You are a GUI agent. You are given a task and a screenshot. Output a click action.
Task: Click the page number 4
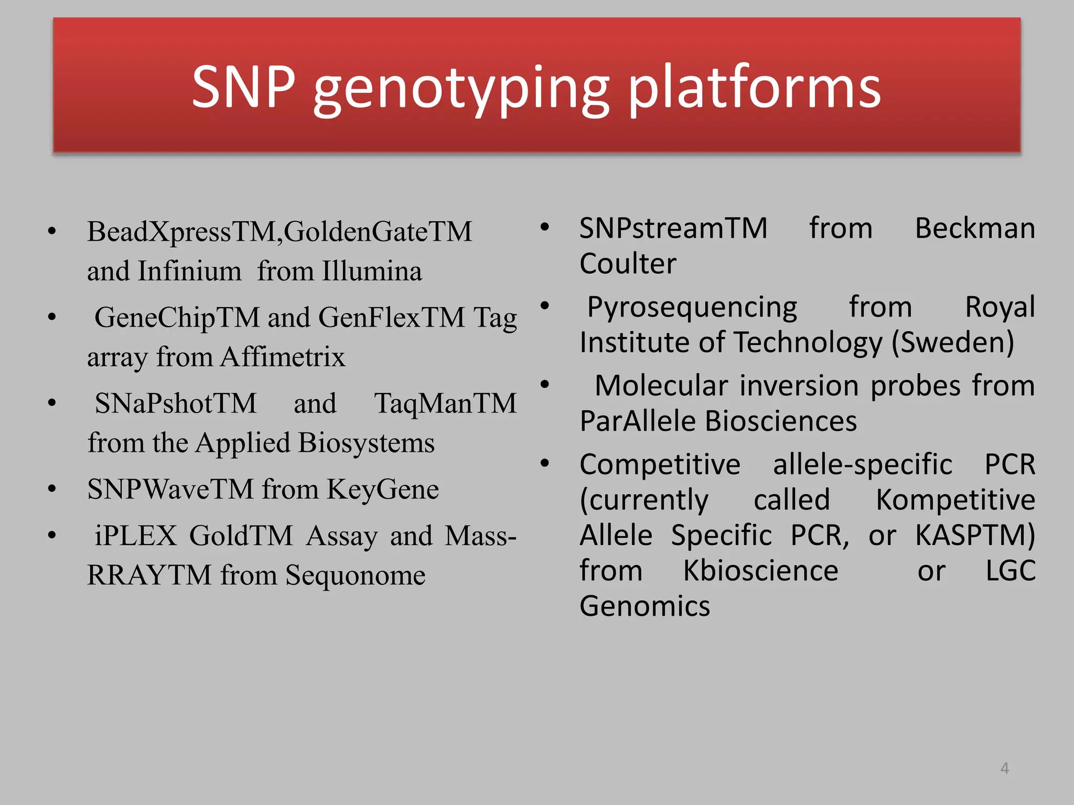[x=1004, y=768]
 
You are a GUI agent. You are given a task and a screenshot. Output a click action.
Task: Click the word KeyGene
[x=382, y=489]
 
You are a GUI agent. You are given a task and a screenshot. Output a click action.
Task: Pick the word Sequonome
[x=355, y=575]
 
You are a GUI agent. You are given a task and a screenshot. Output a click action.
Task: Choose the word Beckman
[x=974, y=229]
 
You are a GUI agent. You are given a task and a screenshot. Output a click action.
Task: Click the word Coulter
[x=628, y=264]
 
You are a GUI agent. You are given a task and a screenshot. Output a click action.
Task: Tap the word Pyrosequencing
[x=692, y=307]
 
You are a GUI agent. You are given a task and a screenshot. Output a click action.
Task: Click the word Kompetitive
[x=955, y=500]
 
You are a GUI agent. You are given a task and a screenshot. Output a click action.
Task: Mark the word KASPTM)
[x=975, y=536]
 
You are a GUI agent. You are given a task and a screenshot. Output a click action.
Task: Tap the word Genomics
[x=645, y=606]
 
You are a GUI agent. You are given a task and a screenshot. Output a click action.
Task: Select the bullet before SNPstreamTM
[x=544, y=227]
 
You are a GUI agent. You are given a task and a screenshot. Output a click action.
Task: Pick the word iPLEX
[x=135, y=536]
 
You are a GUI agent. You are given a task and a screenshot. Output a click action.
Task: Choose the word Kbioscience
[x=760, y=571]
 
